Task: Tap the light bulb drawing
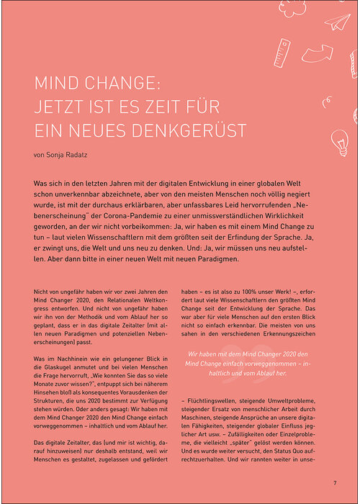pyautogui.click(x=339, y=138)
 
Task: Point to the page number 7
pyautogui.click(x=335, y=482)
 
